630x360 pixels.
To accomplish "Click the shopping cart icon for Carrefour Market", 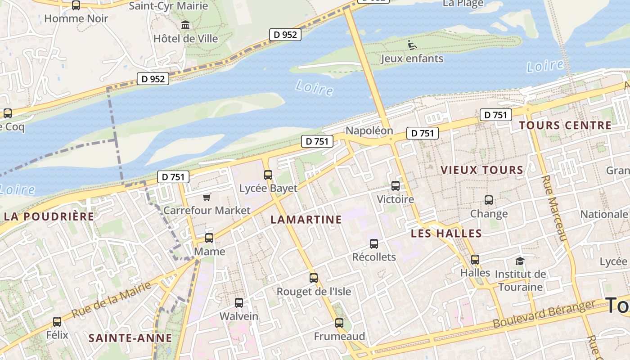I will click(x=207, y=197).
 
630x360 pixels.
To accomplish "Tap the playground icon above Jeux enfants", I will click(x=412, y=45).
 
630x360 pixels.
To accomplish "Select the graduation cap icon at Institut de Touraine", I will click(x=520, y=261).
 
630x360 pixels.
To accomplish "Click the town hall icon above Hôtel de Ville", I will click(x=185, y=25).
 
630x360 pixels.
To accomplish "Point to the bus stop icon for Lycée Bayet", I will click(x=268, y=175).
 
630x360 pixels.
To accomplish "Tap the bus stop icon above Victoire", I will click(x=395, y=185).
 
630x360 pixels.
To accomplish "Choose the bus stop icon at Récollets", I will click(x=373, y=244).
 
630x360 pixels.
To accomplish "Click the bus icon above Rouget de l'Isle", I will click(x=314, y=278).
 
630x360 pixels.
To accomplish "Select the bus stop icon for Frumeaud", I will click(x=339, y=323).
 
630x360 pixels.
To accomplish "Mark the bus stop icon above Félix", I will click(x=57, y=322).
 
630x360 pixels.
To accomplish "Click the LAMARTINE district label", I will click(x=306, y=220).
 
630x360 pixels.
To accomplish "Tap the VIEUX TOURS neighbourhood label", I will click(x=482, y=170).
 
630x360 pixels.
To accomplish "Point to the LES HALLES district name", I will click(x=446, y=234).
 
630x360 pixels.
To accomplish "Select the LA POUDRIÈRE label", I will click(x=49, y=216).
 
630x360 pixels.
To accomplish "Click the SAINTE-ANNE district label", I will click(x=130, y=338).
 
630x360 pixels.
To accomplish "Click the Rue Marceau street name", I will click(x=553, y=208).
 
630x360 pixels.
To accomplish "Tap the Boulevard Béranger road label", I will click(x=544, y=315).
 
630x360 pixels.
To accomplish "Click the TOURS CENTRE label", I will click(x=565, y=126).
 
